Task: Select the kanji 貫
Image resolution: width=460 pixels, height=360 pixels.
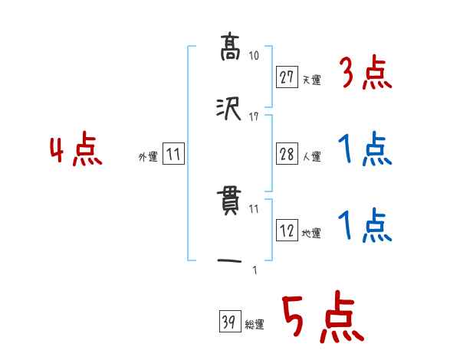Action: [230, 203]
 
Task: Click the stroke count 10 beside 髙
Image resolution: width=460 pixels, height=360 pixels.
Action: [255, 56]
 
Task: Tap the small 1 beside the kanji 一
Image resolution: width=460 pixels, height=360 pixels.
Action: [255, 270]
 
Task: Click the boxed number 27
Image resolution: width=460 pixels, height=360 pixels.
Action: [287, 77]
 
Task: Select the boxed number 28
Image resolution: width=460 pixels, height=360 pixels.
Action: [287, 155]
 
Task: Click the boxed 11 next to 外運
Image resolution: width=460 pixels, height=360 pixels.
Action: [173, 155]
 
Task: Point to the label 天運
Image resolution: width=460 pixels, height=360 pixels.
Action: [311, 79]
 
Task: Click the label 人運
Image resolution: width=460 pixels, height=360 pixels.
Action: [311, 156]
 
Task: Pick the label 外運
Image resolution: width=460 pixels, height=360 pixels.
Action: [148, 156]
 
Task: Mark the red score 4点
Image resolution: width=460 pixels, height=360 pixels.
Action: [77, 151]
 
